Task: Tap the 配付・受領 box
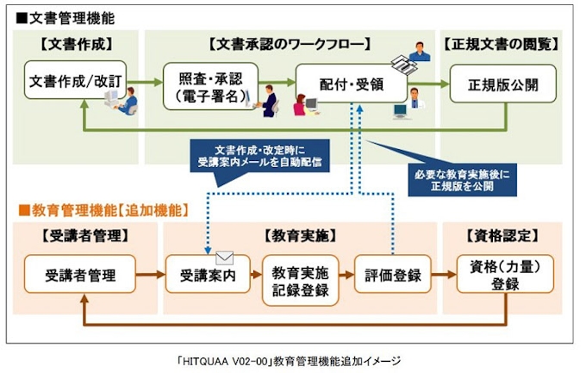(351, 84)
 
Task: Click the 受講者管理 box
(80, 276)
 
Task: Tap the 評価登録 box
(392, 276)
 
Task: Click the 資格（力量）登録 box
(499, 275)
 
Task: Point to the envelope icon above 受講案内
(226, 257)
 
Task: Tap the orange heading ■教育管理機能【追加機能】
(103, 209)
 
